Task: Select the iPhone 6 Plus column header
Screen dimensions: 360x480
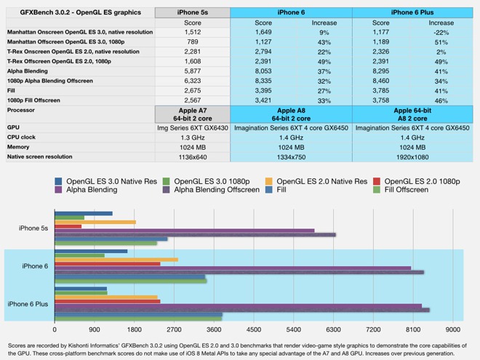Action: coord(412,12)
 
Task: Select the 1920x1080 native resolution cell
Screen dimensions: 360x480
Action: coord(412,156)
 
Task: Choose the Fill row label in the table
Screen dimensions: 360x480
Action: coord(14,89)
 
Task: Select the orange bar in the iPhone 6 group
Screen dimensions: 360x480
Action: coord(116,259)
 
